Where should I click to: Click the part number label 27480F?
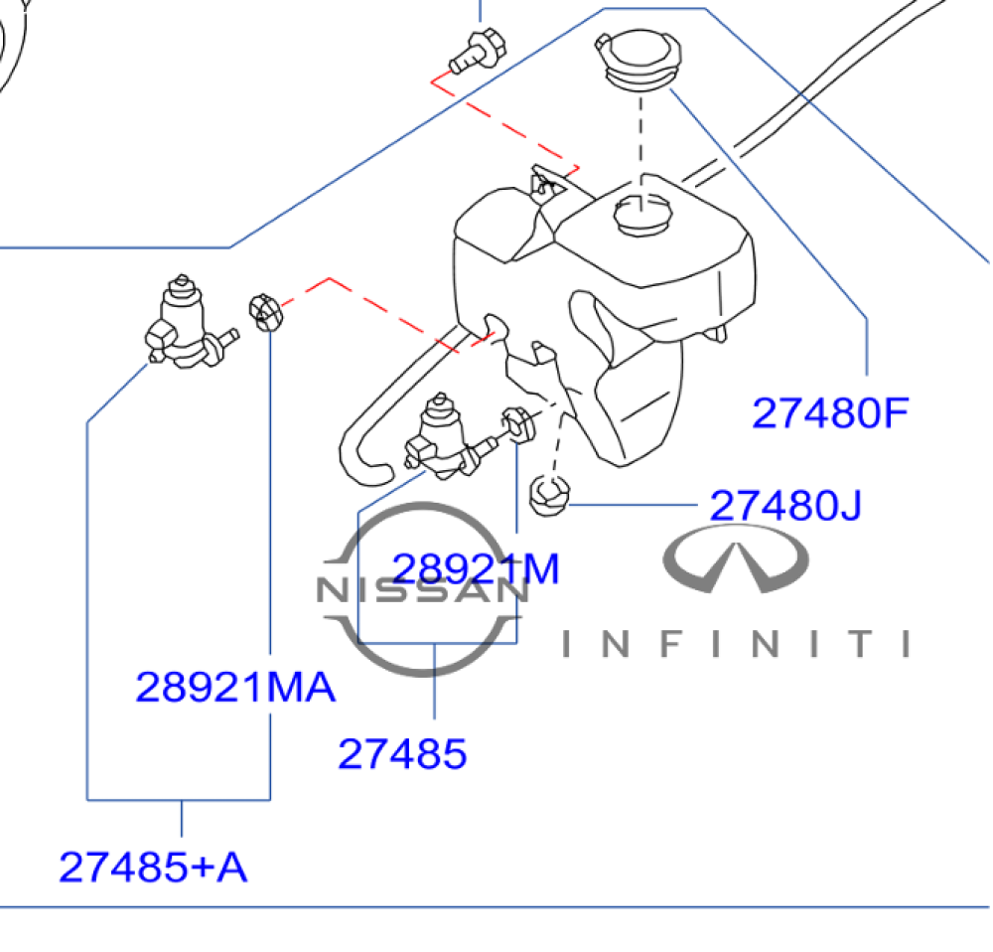point(830,412)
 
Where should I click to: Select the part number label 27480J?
point(785,505)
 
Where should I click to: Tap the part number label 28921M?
point(476,567)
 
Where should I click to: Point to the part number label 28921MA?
point(235,687)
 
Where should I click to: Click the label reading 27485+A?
point(153,867)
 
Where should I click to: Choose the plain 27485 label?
point(402,753)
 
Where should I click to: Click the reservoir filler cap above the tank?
point(638,59)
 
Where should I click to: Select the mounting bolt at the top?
point(478,50)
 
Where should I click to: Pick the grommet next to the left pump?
point(265,312)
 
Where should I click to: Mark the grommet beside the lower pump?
point(518,425)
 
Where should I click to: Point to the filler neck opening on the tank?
point(642,215)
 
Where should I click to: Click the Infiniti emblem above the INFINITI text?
point(735,558)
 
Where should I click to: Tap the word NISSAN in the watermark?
point(422,590)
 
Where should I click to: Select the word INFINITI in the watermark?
point(736,644)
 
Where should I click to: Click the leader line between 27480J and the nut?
point(634,505)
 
